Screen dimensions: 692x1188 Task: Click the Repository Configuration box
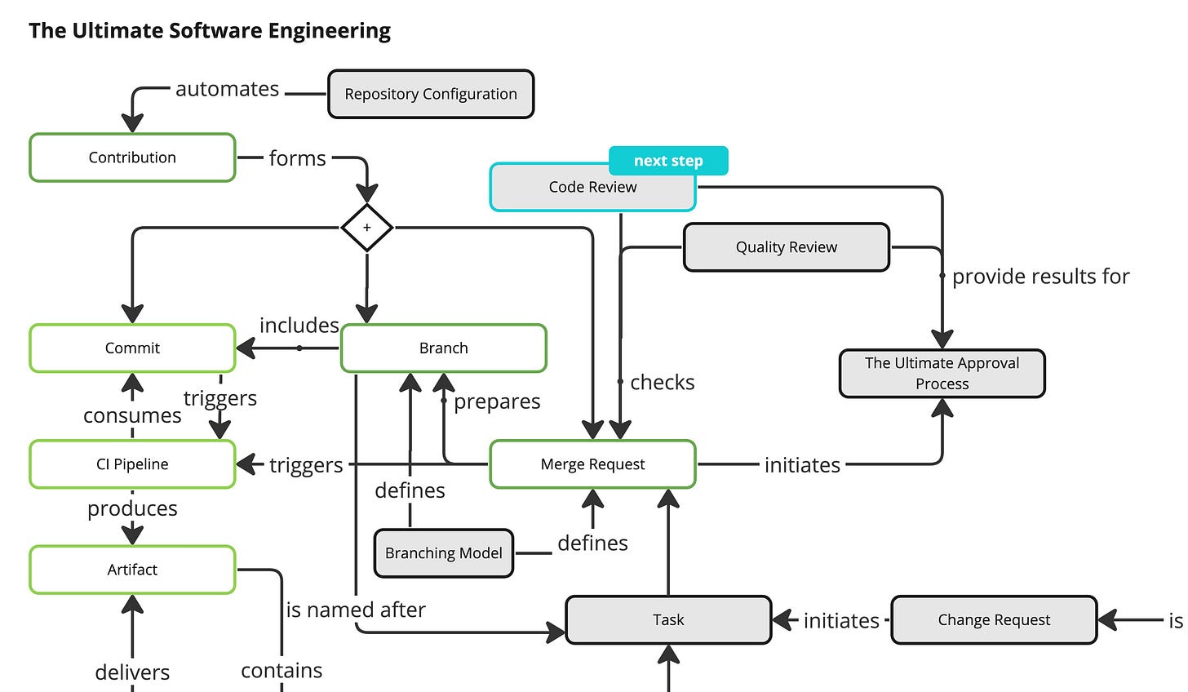tap(431, 94)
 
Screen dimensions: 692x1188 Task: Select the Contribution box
tap(132, 157)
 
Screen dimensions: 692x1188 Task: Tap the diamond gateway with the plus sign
tap(366, 228)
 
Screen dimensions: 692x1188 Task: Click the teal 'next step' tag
tap(668, 161)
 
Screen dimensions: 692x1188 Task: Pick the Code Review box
tap(592, 188)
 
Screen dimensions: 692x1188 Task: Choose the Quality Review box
tap(786, 247)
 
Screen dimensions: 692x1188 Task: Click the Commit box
tap(132, 348)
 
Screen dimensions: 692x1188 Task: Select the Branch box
tap(443, 348)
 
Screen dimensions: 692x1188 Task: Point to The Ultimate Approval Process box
tap(942, 374)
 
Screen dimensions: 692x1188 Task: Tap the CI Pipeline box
tap(132, 464)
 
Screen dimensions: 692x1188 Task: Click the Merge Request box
tap(592, 464)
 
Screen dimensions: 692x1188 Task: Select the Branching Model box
tap(443, 553)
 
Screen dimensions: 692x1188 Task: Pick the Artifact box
tap(132, 570)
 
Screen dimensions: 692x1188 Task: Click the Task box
tap(668, 620)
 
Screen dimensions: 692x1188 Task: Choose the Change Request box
tap(993, 620)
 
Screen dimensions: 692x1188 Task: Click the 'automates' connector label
tap(228, 89)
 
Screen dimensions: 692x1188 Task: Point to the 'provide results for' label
tap(1040, 277)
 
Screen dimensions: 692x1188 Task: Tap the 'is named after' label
tap(356, 610)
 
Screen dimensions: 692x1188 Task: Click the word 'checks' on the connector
tap(662, 382)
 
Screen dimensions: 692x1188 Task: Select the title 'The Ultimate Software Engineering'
tap(210, 31)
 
